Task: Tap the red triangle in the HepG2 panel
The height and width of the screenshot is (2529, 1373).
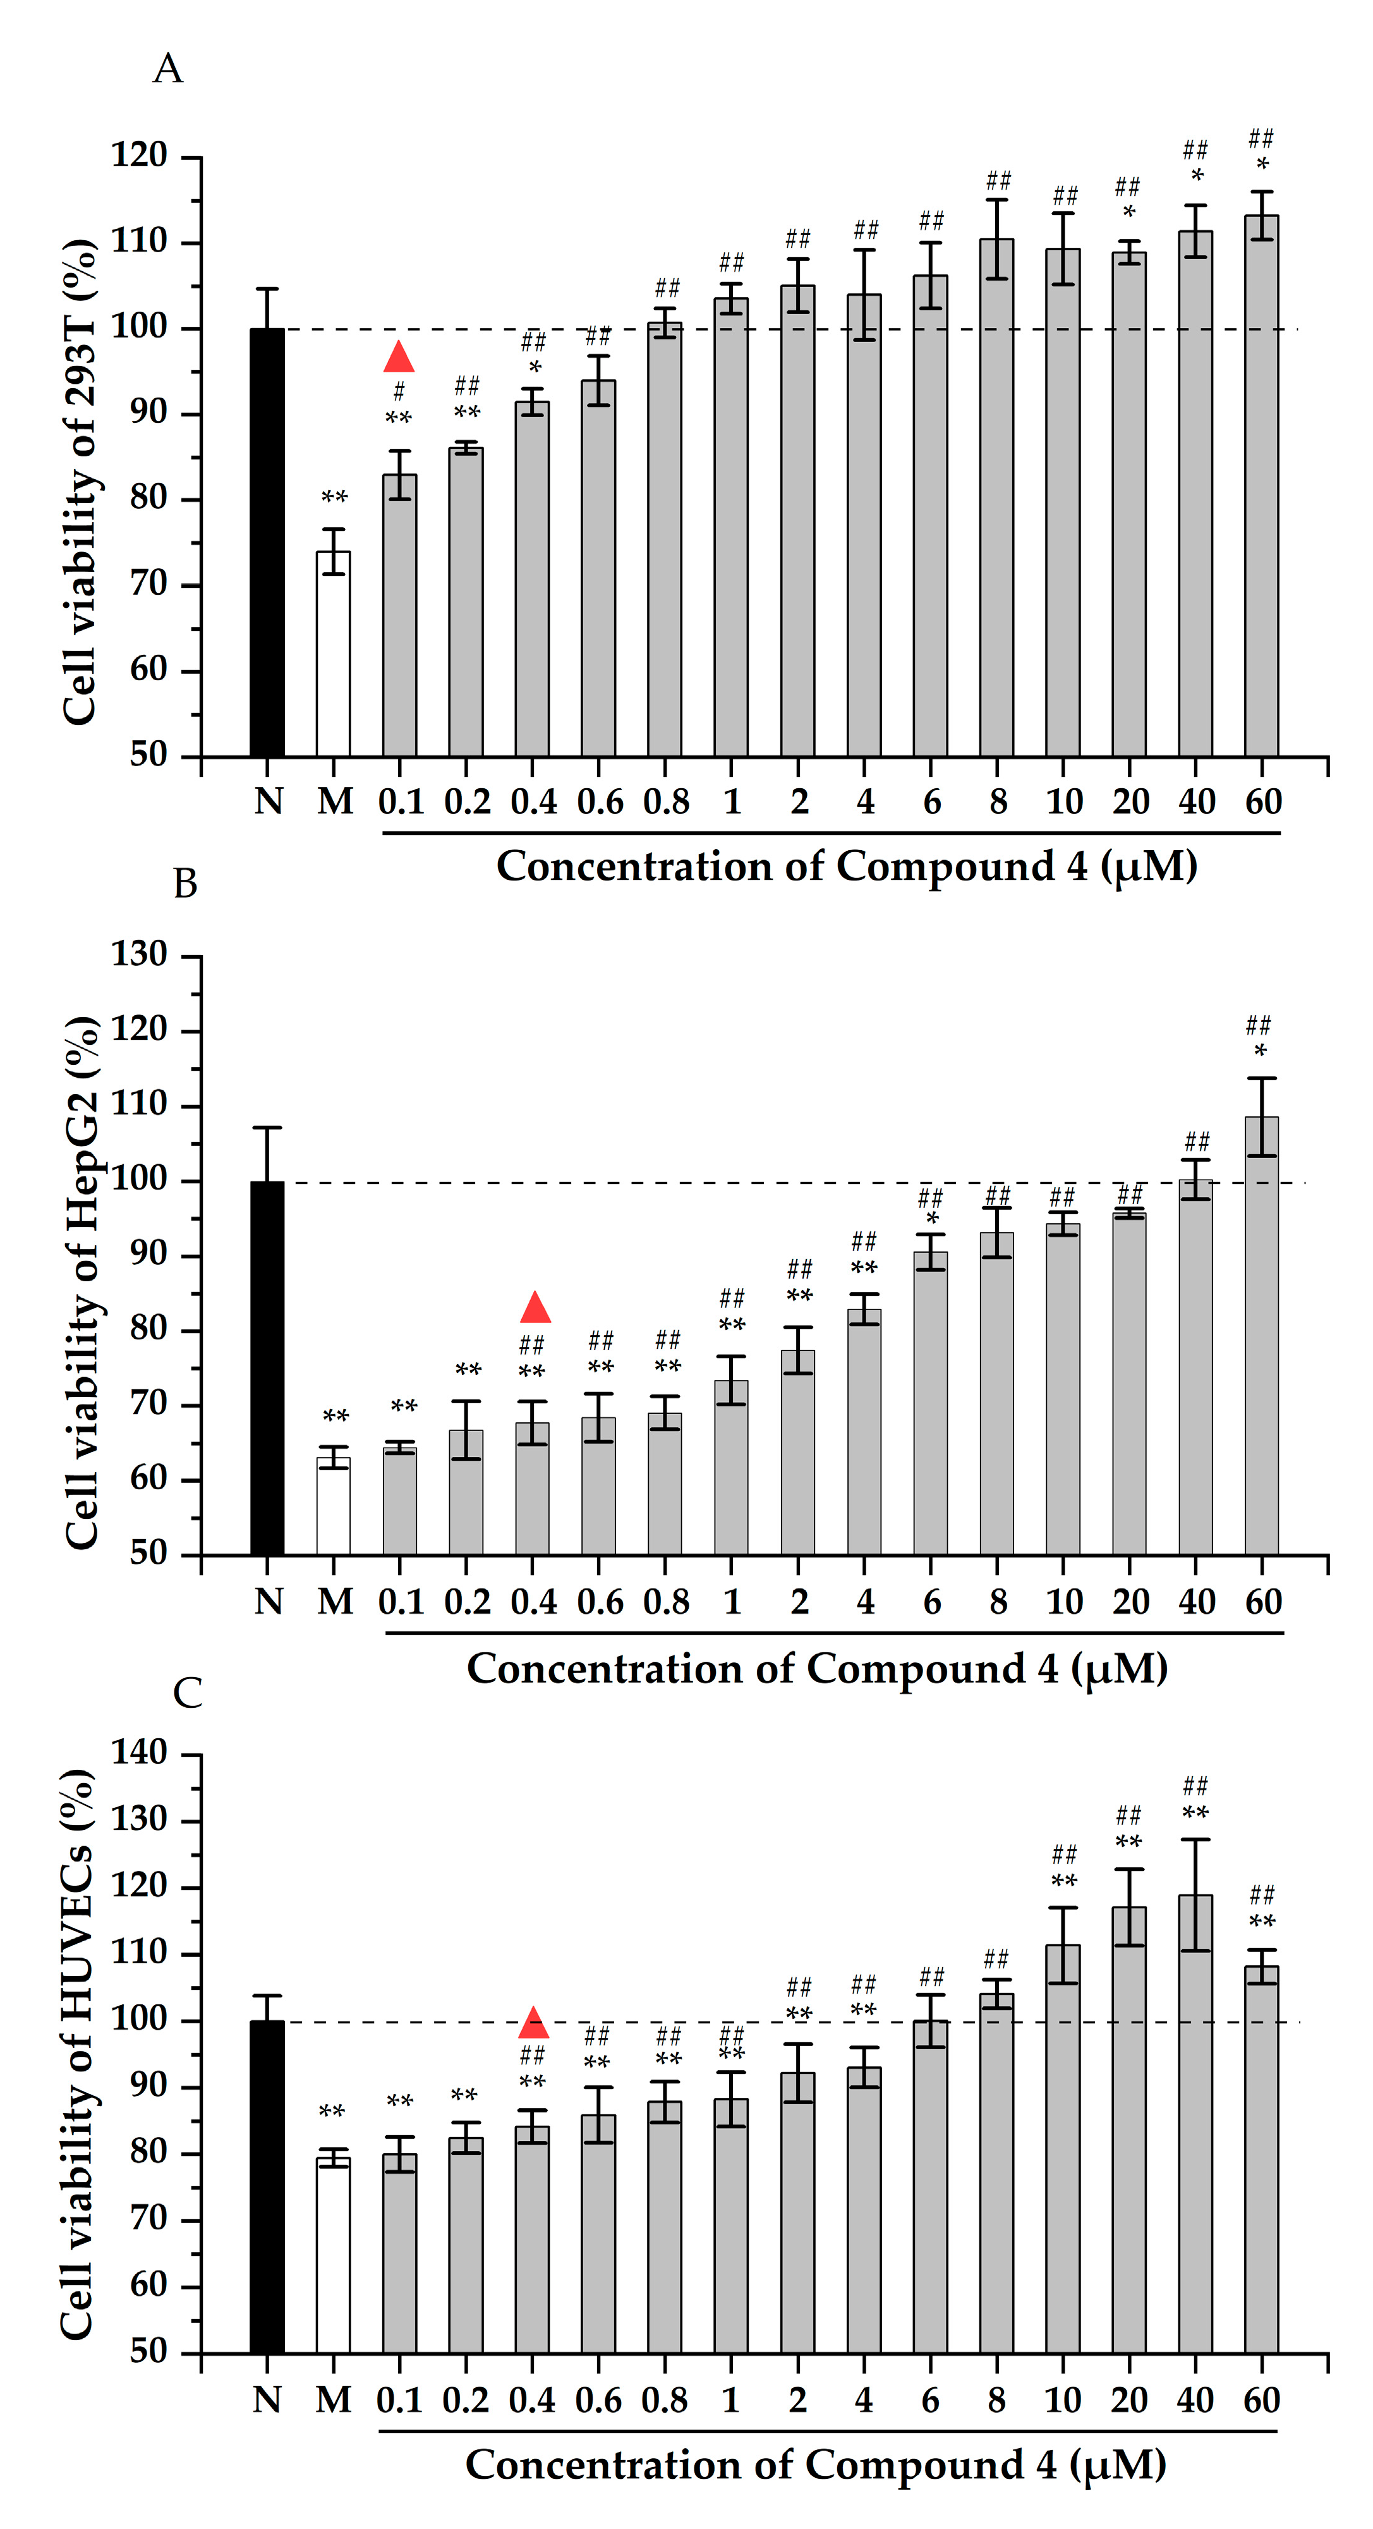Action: [x=535, y=1308]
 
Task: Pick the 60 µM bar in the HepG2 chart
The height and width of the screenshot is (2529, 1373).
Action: [x=1261, y=1335]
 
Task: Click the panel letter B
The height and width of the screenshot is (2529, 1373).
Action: [x=186, y=884]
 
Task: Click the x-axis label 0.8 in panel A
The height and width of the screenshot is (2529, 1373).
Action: [x=667, y=802]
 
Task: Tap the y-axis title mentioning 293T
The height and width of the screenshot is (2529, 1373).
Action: [x=80, y=481]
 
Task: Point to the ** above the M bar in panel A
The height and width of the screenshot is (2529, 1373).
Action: [x=335, y=497]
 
